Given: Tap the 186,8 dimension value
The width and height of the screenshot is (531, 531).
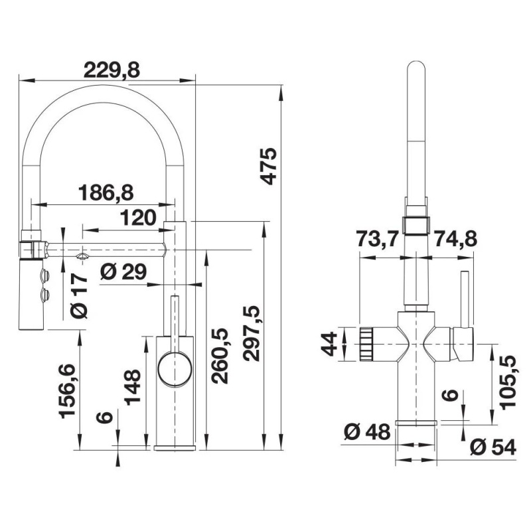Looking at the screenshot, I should coord(106,192).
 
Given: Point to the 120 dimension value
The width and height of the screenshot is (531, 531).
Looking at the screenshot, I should coord(139,216).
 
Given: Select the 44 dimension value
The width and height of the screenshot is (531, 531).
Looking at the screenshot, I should coord(329,343).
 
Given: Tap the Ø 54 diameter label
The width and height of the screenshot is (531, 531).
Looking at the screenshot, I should coord(492,448).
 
